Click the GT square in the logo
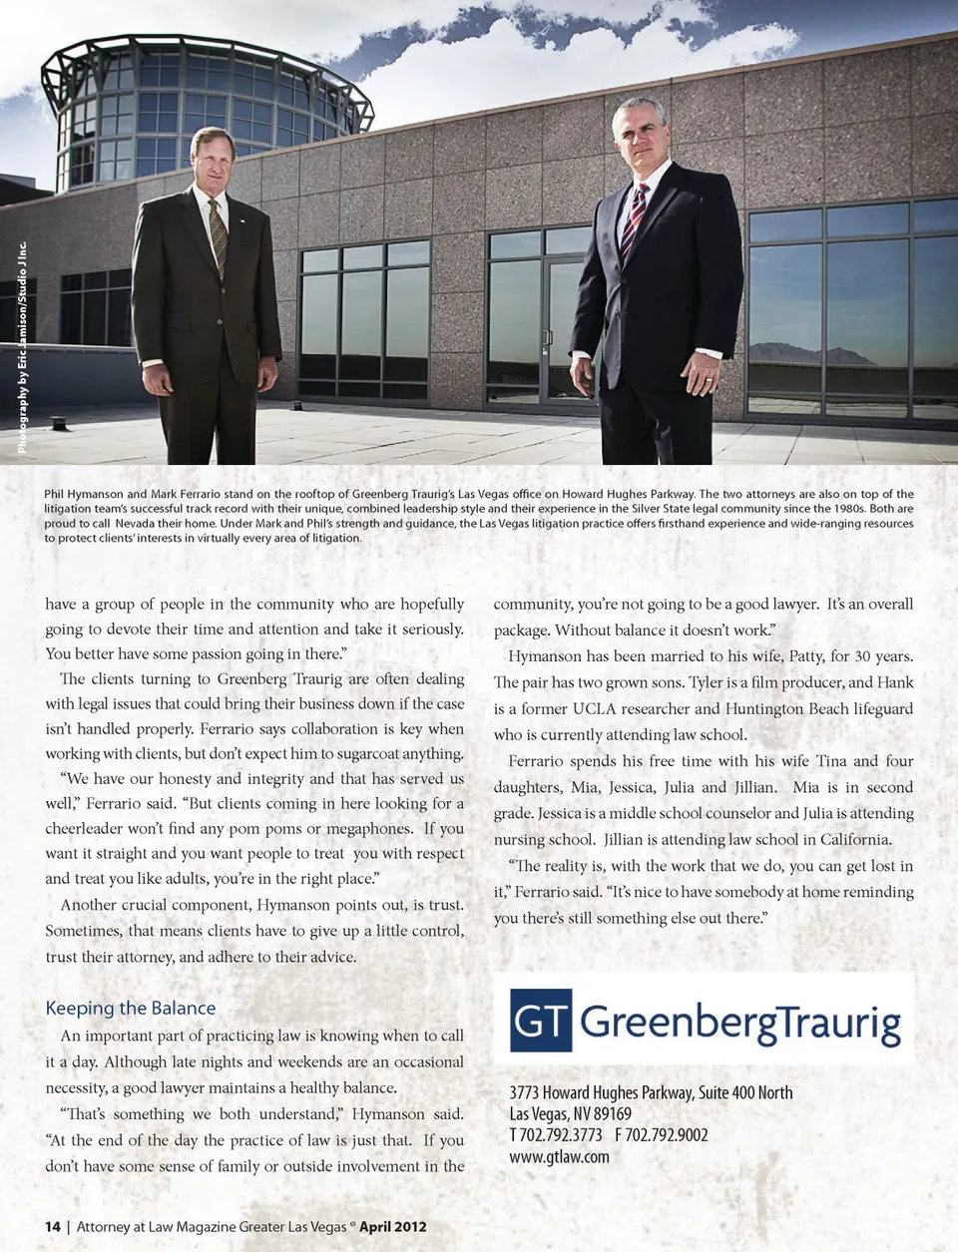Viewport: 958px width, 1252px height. click(x=541, y=1021)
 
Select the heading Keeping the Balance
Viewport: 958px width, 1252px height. click(x=131, y=1008)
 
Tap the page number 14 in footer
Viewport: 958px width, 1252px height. click(x=53, y=1226)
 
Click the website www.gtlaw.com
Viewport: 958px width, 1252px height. click(x=559, y=1157)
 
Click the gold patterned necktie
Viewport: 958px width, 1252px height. click(x=218, y=235)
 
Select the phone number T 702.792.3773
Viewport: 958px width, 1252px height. click(x=556, y=1135)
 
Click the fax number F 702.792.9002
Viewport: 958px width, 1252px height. click(x=662, y=1135)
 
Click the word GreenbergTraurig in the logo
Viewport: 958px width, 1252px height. click(x=739, y=1022)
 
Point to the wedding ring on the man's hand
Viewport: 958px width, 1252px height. click(x=708, y=379)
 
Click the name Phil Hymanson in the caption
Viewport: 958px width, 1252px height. click(x=83, y=494)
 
